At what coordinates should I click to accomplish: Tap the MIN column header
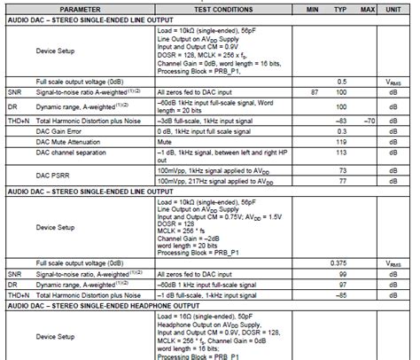click(312, 6)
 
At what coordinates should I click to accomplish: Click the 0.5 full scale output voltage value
click(342, 81)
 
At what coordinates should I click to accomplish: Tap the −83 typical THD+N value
click(341, 117)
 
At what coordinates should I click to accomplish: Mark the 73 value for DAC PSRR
click(342, 168)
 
